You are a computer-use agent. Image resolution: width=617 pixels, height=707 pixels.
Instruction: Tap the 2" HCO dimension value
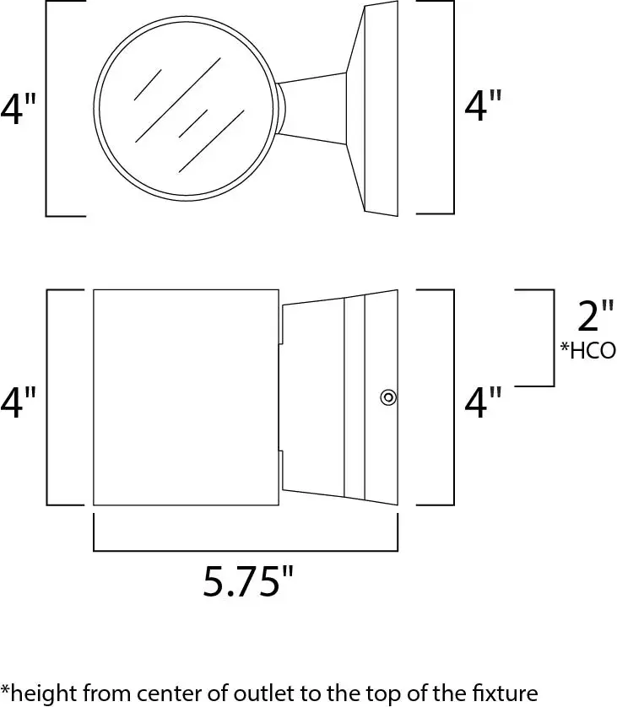[x=594, y=316]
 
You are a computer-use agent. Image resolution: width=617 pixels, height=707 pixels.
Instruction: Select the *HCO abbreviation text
[x=587, y=350]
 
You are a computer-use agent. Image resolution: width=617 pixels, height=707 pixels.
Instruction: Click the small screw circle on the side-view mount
[x=387, y=397]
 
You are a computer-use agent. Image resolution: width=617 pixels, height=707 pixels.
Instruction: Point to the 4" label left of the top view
[x=19, y=109]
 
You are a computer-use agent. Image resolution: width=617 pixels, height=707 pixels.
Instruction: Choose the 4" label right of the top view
[x=484, y=106]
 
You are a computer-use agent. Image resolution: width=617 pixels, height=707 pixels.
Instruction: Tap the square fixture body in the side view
[x=185, y=397]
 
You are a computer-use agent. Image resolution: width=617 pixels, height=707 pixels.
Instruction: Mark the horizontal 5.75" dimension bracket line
[x=245, y=550]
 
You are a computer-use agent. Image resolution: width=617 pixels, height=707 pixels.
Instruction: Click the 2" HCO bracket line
[x=553, y=337]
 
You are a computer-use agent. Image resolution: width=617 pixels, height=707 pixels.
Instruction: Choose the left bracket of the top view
[x=46, y=108]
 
